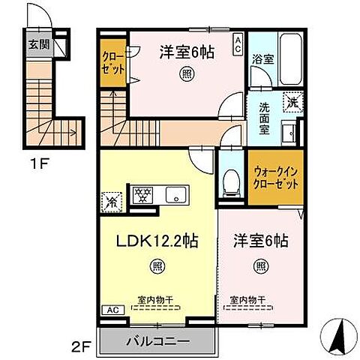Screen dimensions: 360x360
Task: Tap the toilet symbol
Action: pyautogui.click(x=231, y=181)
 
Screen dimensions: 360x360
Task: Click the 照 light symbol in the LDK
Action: pyautogui.click(x=155, y=265)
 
